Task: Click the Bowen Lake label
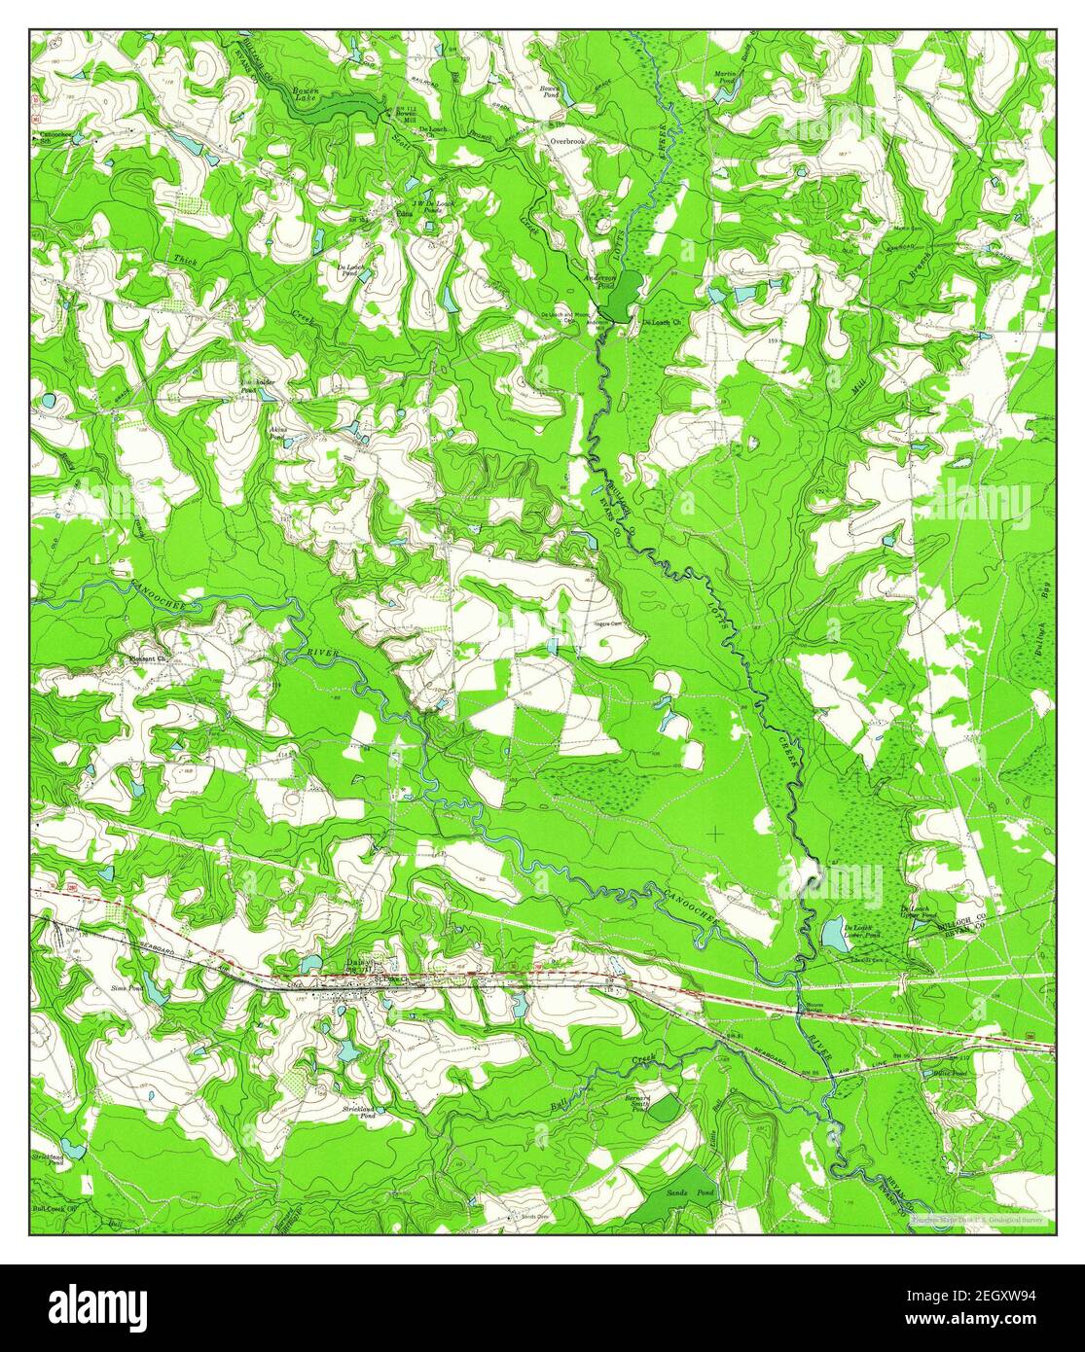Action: [x=307, y=93]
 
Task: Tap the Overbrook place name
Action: [x=564, y=141]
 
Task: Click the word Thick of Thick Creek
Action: [x=185, y=260]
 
